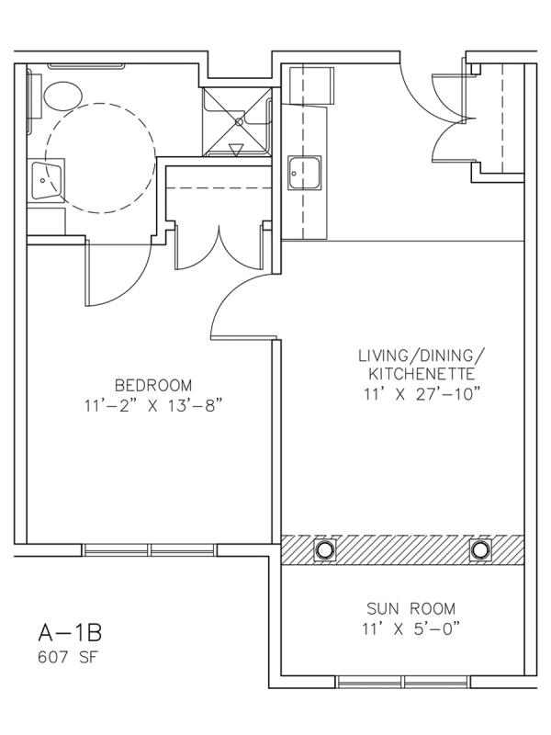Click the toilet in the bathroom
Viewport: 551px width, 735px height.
pyautogui.click(x=62, y=96)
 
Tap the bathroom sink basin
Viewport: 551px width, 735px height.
pyautogui.click(x=46, y=180)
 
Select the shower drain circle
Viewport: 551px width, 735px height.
pyautogui.click(x=239, y=122)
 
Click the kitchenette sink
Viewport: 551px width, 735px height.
pyautogui.click(x=305, y=173)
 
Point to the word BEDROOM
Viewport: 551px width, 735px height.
pyautogui.click(x=153, y=385)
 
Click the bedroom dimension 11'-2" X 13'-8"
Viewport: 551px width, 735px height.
pyautogui.click(x=153, y=405)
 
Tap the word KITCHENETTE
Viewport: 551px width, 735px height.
pyautogui.click(x=422, y=374)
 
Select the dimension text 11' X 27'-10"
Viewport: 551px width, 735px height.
pyautogui.click(x=422, y=394)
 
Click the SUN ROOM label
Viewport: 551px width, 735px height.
pyautogui.click(x=410, y=609)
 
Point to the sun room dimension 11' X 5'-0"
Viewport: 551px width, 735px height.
pyautogui.click(x=410, y=628)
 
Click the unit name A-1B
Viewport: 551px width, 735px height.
pyautogui.click(x=70, y=632)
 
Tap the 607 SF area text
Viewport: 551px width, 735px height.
pyautogui.click(x=67, y=657)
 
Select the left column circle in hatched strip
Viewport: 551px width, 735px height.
pyautogui.click(x=324, y=548)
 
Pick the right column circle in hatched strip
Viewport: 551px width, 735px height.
pyautogui.click(x=480, y=549)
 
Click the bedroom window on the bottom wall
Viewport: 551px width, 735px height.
pyautogui.click(x=150, y=549)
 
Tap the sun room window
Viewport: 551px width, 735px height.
pyautogui.click(x=403, y=682)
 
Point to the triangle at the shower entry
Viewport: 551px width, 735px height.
pyautogui.click(x=235, y=150)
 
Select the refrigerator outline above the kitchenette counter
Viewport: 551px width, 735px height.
pyautogui.click(x=311, y=85)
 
